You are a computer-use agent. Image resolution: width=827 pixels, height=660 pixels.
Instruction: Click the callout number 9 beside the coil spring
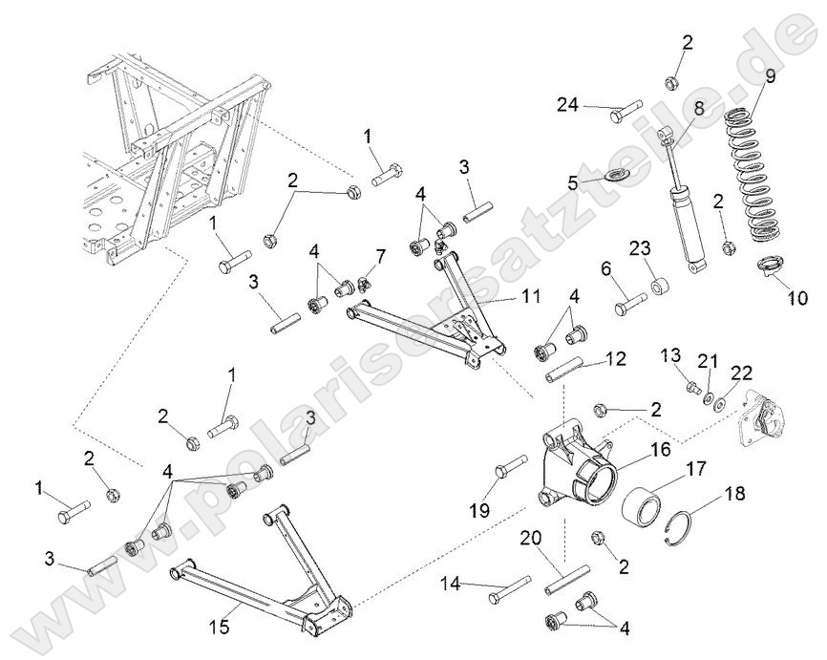(770, 75)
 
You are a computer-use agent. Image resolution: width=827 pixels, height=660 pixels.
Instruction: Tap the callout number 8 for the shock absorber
(699, 109)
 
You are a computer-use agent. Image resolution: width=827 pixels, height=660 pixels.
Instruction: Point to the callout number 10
(797, 298)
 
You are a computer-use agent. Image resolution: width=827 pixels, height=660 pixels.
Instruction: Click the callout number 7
(380, 258)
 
